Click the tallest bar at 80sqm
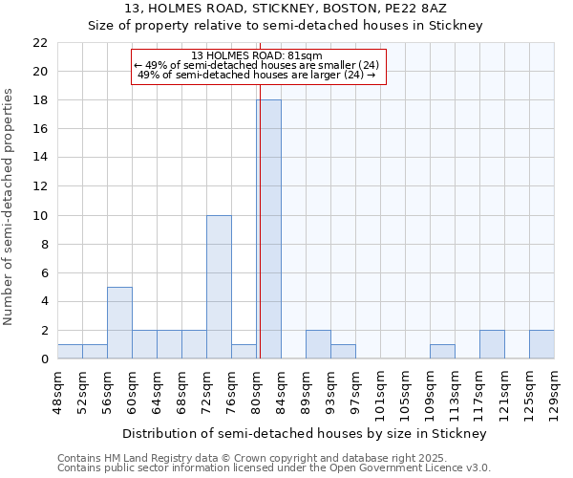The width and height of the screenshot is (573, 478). pos(268,229)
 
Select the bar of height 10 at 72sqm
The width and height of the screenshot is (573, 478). pos(219,287)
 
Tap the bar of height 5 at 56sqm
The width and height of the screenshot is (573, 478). pos(119,323)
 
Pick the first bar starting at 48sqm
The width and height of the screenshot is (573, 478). pos(70,352)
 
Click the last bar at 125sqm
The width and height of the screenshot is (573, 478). pos(541,344)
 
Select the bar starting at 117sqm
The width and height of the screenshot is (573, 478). pos(492,344)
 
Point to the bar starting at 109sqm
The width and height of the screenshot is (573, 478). pos(442,352)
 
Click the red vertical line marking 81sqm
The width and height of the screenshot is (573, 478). pos(259,239)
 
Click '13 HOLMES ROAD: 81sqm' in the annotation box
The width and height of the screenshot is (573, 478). pos(257,55)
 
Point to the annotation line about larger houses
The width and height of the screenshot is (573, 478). pos(257,75)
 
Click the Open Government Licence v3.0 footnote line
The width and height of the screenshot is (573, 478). pos(274,468)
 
